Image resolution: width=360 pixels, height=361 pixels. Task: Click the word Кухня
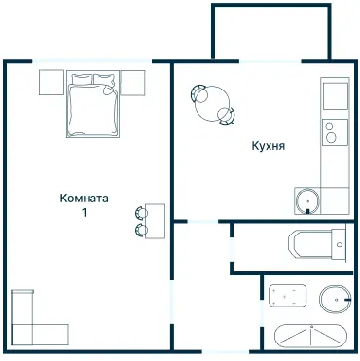(x=269, y=146)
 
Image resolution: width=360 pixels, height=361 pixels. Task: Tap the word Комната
(x=84, y=198)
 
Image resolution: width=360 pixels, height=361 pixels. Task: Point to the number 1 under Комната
(x=85, y=213)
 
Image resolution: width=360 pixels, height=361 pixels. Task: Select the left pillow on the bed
(x=83, y=79)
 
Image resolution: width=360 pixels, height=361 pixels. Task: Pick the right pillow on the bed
(x=104, y=79)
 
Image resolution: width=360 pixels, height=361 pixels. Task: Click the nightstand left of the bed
(x=52, y=83)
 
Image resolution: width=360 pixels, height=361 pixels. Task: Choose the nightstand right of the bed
(x=132, y=83)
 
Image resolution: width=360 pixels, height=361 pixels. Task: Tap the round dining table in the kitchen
(x=212, y=103)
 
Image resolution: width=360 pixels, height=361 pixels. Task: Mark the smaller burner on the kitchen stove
(x=329, y=126)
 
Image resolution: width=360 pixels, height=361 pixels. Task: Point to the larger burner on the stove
(x=331, y=137)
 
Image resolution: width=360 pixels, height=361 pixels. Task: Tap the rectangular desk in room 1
(x=155, y=221)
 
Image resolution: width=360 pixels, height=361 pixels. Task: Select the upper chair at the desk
(x=141, y=213)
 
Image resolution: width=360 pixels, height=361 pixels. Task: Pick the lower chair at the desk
(x=141, y=230)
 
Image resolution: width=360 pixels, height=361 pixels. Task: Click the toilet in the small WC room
(x=316, y=244)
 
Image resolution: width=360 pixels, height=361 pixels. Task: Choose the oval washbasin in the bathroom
(x=336, y=300)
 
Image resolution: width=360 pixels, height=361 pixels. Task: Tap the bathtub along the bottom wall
(x=311, y=336)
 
